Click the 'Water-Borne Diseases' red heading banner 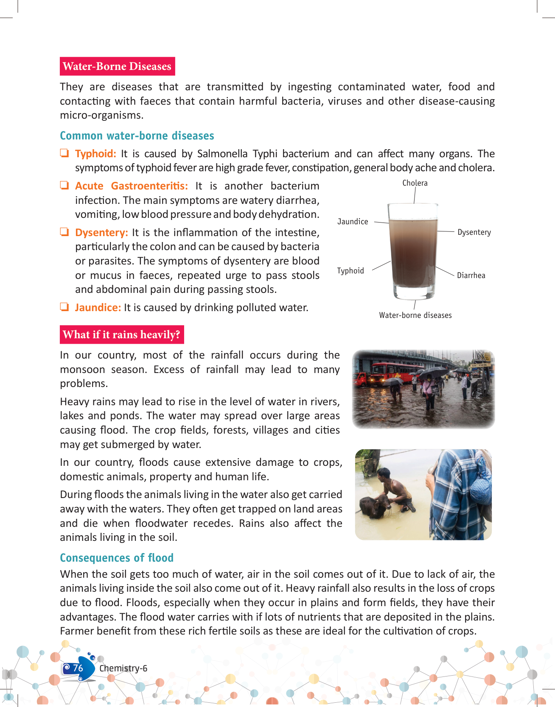(x=117, y=67)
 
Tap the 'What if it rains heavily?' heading (x=122, y=335)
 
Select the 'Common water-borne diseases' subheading (x=137, y=136)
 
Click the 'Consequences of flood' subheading (x=117, y=558)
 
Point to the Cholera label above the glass (x=415, y=183)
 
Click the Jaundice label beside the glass (x=353, y=222)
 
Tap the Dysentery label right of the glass (x=474, y=232)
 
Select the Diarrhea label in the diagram (x=471, y=276)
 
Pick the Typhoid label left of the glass (x=350, y=271)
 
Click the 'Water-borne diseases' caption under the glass (x=415, y=315)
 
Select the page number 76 (x=78, y=668)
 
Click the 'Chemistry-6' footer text (x=123, y=668)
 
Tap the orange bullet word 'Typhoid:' (x=95, y=154)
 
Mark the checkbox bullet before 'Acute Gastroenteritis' (x=64, y=186)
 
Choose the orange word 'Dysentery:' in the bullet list (x=101, y=233)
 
